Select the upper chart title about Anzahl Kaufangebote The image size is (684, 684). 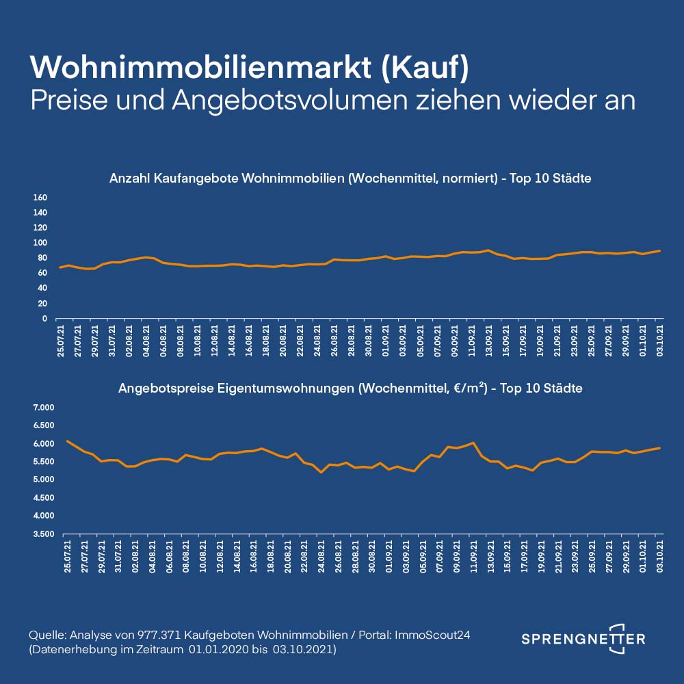350,179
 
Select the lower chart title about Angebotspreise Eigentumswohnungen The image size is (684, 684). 350,389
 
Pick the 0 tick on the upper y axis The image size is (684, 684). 43,319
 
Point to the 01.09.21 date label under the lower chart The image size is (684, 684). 389,555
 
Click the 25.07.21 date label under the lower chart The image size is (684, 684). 68,555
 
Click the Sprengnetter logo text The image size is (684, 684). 583,639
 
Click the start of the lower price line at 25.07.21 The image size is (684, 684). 67,441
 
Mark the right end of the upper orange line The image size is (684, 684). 659,251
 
